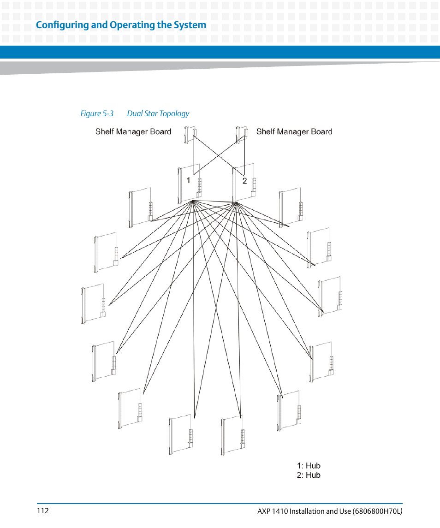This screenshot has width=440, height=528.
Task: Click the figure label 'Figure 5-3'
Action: (x=97, y=113)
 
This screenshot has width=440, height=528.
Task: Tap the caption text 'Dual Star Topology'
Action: (x=158, y=113)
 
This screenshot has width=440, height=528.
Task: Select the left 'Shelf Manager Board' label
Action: (x=133, y=132)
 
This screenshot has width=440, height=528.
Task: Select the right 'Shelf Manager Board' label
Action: (x=294, y=132)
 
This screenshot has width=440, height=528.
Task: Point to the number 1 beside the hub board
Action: (x=189, y=181)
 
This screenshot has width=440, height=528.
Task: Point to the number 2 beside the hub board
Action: (x=245, y=181)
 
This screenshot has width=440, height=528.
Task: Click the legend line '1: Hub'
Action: (x=309, y=466)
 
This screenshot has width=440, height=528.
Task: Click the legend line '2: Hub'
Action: (x=309, y=475)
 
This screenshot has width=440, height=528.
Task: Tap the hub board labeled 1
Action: (x=189, y=184)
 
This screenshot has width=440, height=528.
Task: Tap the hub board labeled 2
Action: (x=244, y=184)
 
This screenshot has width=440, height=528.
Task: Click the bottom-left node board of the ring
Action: (x=181, y=434)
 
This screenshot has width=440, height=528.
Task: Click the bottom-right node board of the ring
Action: (x=232, y=434)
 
